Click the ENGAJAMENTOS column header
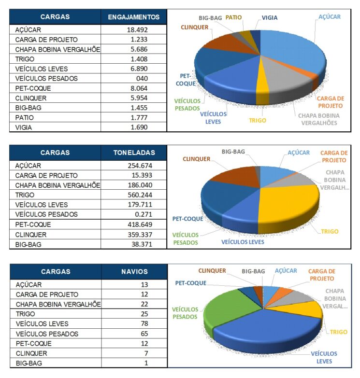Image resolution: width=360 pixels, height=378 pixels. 134,17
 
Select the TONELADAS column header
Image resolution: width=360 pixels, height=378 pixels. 134,153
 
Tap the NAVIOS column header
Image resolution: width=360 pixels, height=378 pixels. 134,272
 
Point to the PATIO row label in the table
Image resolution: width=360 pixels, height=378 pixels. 25,118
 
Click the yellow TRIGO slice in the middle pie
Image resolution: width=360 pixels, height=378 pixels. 290,203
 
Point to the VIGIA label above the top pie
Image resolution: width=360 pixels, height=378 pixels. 269,18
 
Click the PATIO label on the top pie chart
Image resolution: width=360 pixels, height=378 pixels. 233,18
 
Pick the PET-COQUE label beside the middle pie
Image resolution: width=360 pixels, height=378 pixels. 187,219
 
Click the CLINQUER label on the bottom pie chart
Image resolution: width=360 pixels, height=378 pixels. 213,271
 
